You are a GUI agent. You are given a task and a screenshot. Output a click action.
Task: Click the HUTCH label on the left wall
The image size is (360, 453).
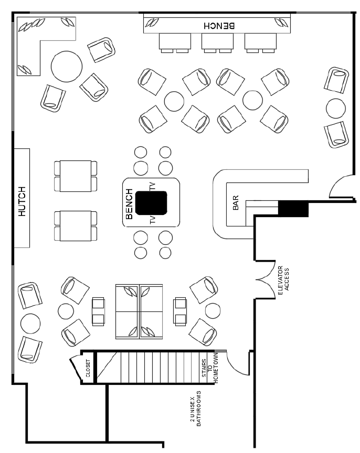(x=22, y=201)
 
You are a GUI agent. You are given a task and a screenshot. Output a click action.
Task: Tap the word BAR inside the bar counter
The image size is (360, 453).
(x=236, y=202)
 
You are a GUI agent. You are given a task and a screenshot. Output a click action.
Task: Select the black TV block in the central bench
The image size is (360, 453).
(x=151, y=203)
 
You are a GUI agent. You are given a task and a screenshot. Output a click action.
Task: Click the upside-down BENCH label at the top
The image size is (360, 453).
(x=219, y=26)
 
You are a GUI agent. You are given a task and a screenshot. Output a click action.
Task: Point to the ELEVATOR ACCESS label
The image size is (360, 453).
(x=283, y=280)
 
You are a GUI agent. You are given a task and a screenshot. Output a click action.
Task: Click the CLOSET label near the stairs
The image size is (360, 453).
(x=88, y=368)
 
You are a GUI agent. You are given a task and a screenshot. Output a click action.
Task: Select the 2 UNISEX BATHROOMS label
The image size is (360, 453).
(x=195, y=408)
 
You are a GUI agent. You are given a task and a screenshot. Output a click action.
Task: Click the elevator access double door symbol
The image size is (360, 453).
(x=266, y=279)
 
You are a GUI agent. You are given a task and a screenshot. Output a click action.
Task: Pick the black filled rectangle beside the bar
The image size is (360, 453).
(x=293, y=208)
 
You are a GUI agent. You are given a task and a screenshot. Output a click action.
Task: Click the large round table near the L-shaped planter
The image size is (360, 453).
(x=67, y=67)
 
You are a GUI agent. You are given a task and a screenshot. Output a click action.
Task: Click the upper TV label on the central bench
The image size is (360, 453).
(x=152, y=186)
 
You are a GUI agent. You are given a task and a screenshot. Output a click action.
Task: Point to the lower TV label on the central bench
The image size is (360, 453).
(x=152, y=220)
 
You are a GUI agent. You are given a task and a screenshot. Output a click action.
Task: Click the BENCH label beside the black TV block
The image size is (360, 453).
(x=129, y=204)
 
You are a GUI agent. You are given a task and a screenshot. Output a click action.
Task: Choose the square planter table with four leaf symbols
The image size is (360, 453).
(x=139, y=311)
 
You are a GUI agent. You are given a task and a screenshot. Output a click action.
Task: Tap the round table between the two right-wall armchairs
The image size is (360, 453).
(x=336, y=109)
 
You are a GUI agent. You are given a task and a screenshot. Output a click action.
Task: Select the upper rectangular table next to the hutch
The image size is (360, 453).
(x=76, y=176)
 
